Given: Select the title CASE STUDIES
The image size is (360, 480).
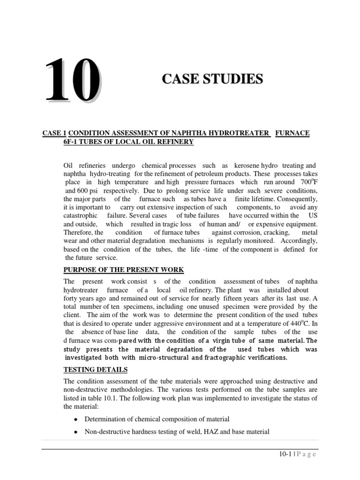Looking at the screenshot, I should click(212, 79).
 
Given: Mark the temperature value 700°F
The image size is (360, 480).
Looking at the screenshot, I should click(307, 182).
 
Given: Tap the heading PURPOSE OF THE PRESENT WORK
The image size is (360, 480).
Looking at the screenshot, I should click(124, 270).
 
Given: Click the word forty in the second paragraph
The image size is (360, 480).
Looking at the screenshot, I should click(71, 298).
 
